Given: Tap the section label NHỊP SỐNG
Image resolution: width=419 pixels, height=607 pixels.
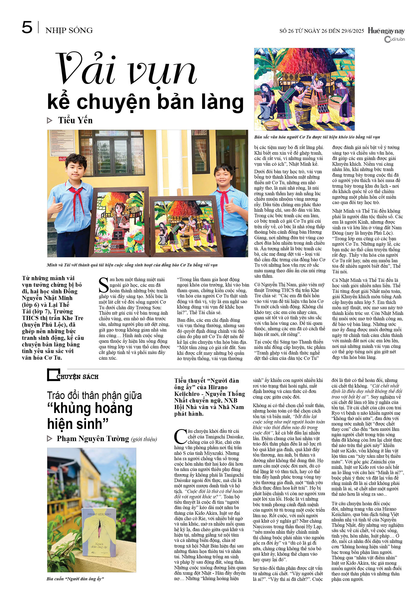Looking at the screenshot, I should pyautogui.click(x=69, y=30).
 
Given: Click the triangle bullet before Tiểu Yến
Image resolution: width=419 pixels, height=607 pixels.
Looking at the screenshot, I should pyautogui.click(x=49, y=121).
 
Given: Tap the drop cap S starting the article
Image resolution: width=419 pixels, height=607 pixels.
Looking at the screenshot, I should pyautogui.click(x=103, y=285).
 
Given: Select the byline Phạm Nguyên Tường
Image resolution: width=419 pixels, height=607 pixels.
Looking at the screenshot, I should pyautogui.click(x=93, y=439).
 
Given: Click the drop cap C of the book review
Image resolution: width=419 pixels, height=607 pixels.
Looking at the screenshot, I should pyautogui.click(x=181, y=437).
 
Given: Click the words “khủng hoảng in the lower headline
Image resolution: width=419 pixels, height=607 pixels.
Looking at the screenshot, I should pyautogui.click(x=90, y=409).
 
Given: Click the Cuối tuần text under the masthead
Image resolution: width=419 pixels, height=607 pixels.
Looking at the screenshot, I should pyautogui.click(x=395, y=39).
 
